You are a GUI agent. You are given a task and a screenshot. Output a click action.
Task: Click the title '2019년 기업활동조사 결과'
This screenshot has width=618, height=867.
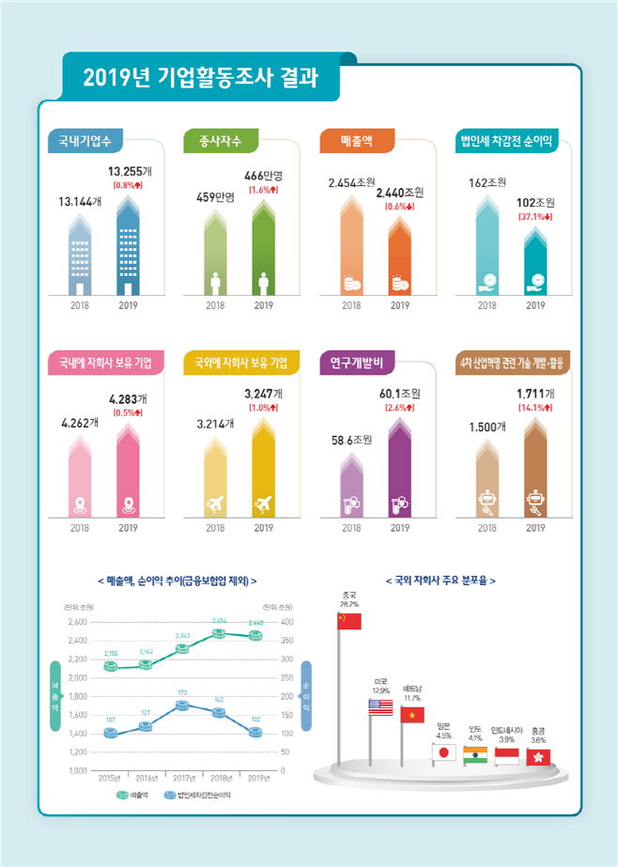tap(199, 76)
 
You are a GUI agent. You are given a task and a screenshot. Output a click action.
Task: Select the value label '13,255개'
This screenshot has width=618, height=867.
tap(129, 172)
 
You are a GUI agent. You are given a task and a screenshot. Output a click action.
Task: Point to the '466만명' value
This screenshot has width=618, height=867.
tap(264, 176)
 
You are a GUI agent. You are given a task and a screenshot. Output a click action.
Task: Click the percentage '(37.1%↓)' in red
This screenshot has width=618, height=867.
tap(535, 217)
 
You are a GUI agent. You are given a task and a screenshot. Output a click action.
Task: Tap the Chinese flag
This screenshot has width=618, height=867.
tap(349, 621)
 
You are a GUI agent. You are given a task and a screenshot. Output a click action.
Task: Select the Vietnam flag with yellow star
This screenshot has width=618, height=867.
tap(412, 715)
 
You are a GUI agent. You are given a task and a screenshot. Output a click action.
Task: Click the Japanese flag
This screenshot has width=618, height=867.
tap(443, 751)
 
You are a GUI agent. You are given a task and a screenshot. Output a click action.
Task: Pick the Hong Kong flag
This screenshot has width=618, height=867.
tap(539, 756)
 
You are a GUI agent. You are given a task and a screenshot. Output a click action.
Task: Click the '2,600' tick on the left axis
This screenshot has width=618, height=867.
tap(77, 622)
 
